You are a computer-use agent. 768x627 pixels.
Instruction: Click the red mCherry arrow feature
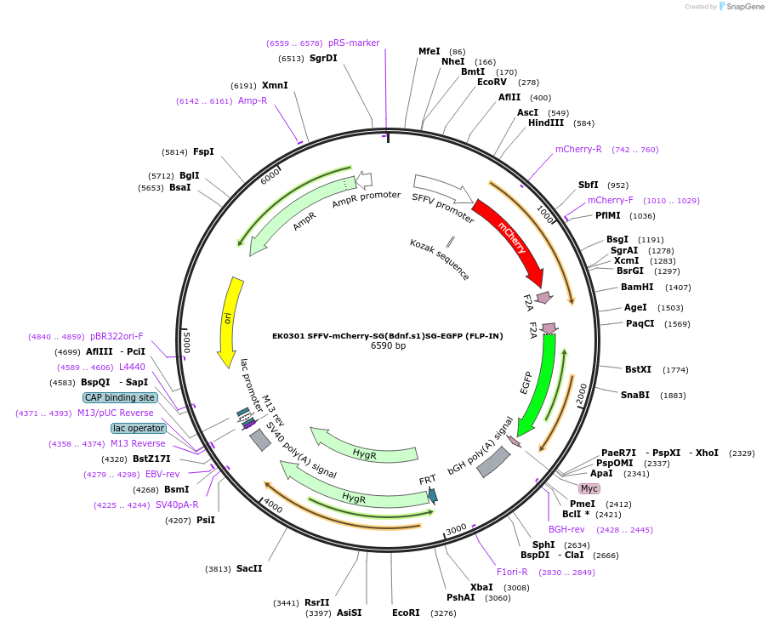click(512, 242)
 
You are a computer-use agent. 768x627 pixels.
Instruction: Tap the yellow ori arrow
click(230, 319)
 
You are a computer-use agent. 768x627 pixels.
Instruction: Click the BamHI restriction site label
click(637, 287)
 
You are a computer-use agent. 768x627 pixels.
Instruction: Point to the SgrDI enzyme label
click(323, 58)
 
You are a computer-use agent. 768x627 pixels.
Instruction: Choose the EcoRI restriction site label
click(406, 612)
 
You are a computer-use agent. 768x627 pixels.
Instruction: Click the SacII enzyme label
click(249, 568)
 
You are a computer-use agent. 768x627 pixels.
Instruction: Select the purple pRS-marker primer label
click(354, 43)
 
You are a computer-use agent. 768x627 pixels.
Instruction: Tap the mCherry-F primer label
click(611, 200)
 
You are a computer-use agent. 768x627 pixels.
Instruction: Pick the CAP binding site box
click(120, 397)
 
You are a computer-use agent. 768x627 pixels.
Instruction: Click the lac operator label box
click(139, 428)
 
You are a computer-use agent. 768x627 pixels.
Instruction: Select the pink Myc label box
click(589, 488)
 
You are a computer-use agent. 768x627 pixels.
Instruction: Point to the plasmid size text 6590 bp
click(388, 345)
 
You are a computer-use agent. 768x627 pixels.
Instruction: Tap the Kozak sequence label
click(439, 259)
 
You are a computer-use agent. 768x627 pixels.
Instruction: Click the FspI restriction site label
click(203, 151)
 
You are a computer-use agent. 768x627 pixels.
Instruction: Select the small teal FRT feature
click(433, 494)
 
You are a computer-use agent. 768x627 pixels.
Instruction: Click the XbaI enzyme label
click(481, 587)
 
